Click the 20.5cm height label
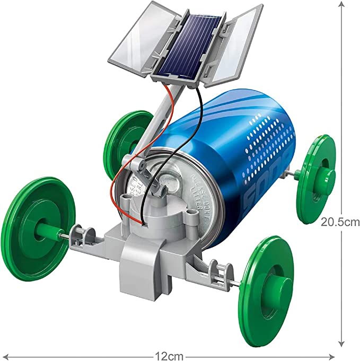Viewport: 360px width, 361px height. coord(340,222)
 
